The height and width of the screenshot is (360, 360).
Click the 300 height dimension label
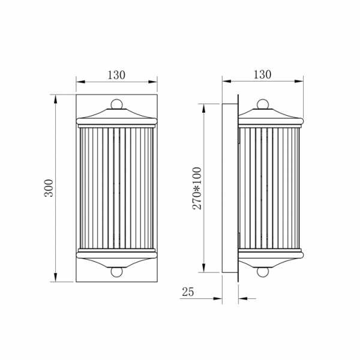[x=49, y=188]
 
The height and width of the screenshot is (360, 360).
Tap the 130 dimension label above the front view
[x=116, y=75]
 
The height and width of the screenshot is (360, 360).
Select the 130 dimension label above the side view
[x=262, y=74]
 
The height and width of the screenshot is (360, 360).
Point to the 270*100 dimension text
[x=197, y=188]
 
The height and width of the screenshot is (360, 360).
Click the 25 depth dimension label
[x=188, y=292]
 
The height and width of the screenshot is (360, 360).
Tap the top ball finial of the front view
[x=116, y=104]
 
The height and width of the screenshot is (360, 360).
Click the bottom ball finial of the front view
[x=116, y=272]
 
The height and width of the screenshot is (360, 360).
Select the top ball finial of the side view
[x=263, y=104]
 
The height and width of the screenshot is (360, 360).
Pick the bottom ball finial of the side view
[x=263, y=272]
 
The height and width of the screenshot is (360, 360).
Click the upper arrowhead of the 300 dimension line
[x=55, y=99]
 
